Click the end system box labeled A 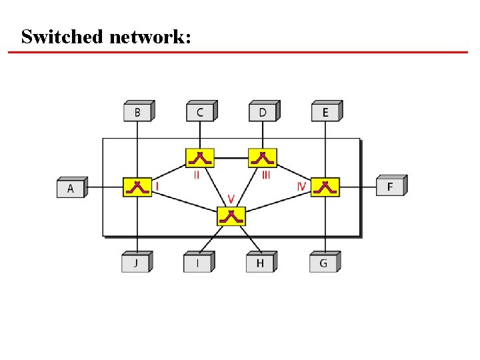[x=70, y=189]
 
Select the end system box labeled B [x=137, y=112]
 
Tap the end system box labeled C [x=199, y=112]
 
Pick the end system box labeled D [x=263, y=112]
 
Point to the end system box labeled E [x=325, y=112]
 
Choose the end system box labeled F [x=390, y=187]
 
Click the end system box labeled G [x=323, y=263]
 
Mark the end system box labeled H [x=260, y=263]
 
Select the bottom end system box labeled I [x=197, y=263]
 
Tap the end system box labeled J [x=135, y=263]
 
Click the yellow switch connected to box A [x=137, y=187]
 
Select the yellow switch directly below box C [x=200, y=159]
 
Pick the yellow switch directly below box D [x=262, y=159]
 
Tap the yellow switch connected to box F [x=325, y=187]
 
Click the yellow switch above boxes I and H [x=231, y=216]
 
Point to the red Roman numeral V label [x=231, y=199]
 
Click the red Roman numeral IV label [x=301, y=187]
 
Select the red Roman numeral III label [x=266, y=175]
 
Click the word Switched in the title [x=61, y=37]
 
